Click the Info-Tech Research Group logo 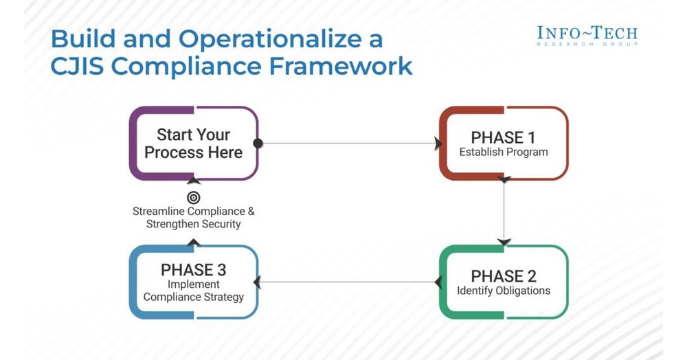pos(587,35)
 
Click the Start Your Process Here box pos(193,144)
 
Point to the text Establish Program pos(504,152)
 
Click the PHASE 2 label pos(504,275)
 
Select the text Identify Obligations pos(504,291)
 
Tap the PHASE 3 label pos(193,269)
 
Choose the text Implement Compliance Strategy pos(193,291)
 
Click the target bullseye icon pos(194,198)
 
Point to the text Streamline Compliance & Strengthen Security pos(193,218)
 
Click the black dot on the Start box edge pos(258,144)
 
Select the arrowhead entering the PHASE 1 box pos(436,144)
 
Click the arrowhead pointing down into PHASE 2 pos(504,242)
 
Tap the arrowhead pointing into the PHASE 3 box pos(257,282)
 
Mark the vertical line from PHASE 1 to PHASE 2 pos(504,210)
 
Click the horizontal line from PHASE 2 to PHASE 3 pos(347,282)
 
